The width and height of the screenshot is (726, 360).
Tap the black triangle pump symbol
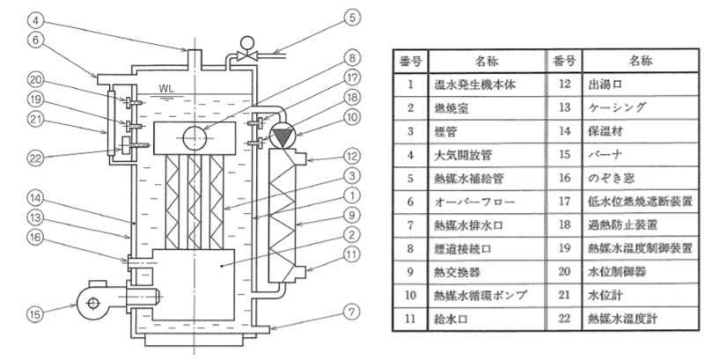[x=283, y=136]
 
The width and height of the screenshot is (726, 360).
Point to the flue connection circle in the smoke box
[x=192, y=136]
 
